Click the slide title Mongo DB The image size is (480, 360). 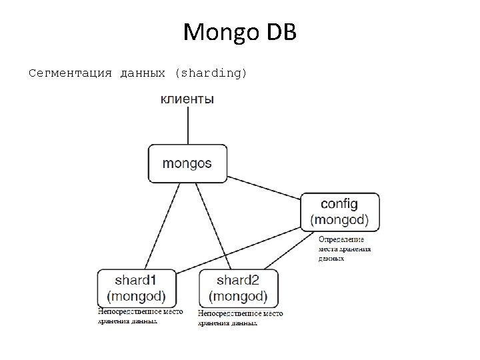[x=239, y=32]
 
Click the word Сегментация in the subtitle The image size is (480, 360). [x=71, y=73]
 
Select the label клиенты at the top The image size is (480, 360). [x=187, y=99]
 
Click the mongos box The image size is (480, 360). [x=187, y=163]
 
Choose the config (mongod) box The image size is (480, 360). [x=340, y=212]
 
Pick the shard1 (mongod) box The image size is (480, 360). [x=137, y=288]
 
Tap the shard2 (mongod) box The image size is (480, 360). [x=238, y=288]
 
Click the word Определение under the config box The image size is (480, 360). [x=341, y=239]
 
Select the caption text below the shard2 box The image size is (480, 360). [x=239, y=318]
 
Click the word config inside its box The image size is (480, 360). [x=339, y=203]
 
